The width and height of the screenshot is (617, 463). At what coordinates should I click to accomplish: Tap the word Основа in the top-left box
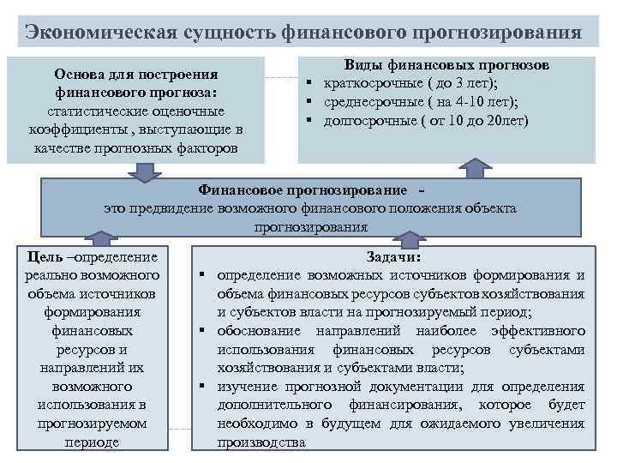point(82,75)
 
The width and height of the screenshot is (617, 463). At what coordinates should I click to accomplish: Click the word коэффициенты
point(75,129)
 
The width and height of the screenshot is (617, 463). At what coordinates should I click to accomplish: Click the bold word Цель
point(44,256)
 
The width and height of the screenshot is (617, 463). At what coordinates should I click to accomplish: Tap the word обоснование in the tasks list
point(259,330)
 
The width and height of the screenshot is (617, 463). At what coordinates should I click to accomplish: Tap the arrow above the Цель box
point(104,240)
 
